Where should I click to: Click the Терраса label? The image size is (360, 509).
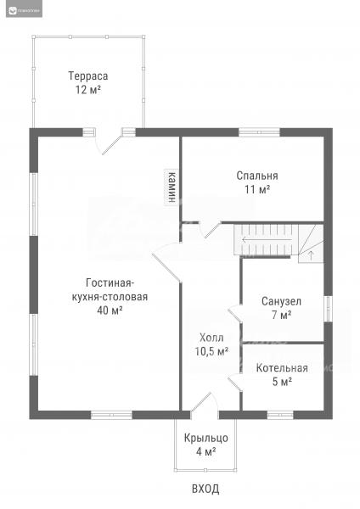point(88,76)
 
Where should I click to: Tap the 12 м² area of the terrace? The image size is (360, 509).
point(88,90)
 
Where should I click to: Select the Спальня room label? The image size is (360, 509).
point(257,176)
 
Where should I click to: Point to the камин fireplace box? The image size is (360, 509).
point(172,187)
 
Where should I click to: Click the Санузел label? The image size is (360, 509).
point(281,301)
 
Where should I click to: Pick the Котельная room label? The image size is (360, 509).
point(282,368)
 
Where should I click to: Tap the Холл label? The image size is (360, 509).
point(211,338)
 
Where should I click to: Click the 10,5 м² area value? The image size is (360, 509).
point(211,351)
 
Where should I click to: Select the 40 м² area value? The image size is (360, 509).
point(110,310)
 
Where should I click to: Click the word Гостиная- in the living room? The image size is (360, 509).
point(110,283)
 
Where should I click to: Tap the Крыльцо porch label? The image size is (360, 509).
point(206,439)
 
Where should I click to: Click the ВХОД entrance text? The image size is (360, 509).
point(205,489)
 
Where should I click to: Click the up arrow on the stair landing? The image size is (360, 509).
point(311,255)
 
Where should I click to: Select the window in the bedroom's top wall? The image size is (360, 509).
point(259,132)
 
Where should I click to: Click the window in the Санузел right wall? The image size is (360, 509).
point(328,309)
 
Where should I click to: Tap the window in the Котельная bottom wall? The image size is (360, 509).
point(280,415)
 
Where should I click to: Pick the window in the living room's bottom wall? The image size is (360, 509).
point(111,415)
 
